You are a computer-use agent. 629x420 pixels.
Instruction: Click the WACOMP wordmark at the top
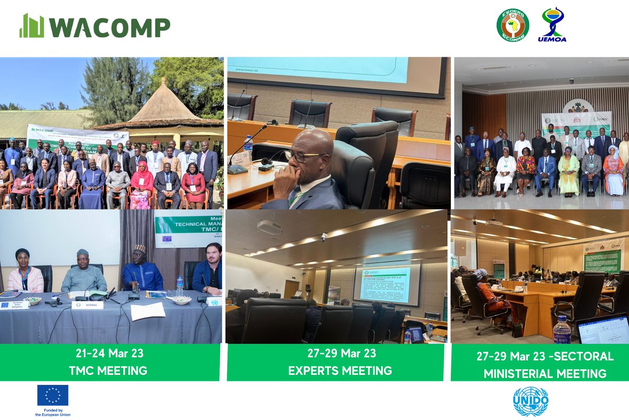point(94,26)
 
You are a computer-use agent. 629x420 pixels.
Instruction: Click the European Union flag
point(52,395)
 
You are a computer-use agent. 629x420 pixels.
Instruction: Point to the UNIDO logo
point(530,401)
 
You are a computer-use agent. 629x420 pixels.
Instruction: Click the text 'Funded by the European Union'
point(52,412)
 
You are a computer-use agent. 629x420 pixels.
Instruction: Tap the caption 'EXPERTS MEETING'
point(340,371)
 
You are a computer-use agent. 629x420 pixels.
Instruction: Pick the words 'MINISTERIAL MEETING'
point(545,373)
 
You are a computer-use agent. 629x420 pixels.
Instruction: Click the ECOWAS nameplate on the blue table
point(87,305)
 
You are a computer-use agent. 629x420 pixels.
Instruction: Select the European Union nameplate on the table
point(14,305)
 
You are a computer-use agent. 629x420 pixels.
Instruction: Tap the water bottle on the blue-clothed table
point(180,286)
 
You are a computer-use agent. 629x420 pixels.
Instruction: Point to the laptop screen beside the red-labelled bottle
point(602,331)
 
